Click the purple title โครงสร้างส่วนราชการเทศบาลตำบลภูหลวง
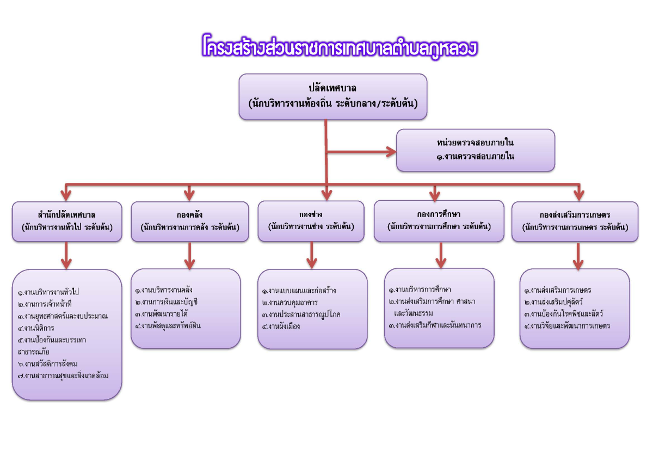[x=340, y=47]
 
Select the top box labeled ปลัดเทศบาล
[x=333, y=97]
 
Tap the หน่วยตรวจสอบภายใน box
[x=476, y=150]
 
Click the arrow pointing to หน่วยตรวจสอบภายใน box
[x=361, y=152]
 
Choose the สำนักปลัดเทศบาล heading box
[x=67, y=221]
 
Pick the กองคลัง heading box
[x=190, y=221]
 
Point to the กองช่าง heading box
[x=311, y=221]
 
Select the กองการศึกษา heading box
[x=439, y=221]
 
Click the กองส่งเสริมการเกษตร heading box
[x=575, y=221]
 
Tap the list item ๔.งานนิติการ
[x=36, y=328]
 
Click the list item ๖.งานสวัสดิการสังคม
[x=48, y=364]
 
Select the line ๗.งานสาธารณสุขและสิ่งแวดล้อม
[x=63, y=376]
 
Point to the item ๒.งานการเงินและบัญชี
[x=167, y=302]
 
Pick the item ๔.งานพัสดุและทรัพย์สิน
[x=168, y=326]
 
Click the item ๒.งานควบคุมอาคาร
[x=289, y=303]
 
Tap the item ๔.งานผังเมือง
[x=281, y=327]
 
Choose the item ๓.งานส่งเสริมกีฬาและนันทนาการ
[x=435, y=325]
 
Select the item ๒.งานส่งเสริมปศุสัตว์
[x=553, y=302]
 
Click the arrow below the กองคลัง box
[x=190, y=256]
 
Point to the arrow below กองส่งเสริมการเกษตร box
[x=578, y=256]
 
